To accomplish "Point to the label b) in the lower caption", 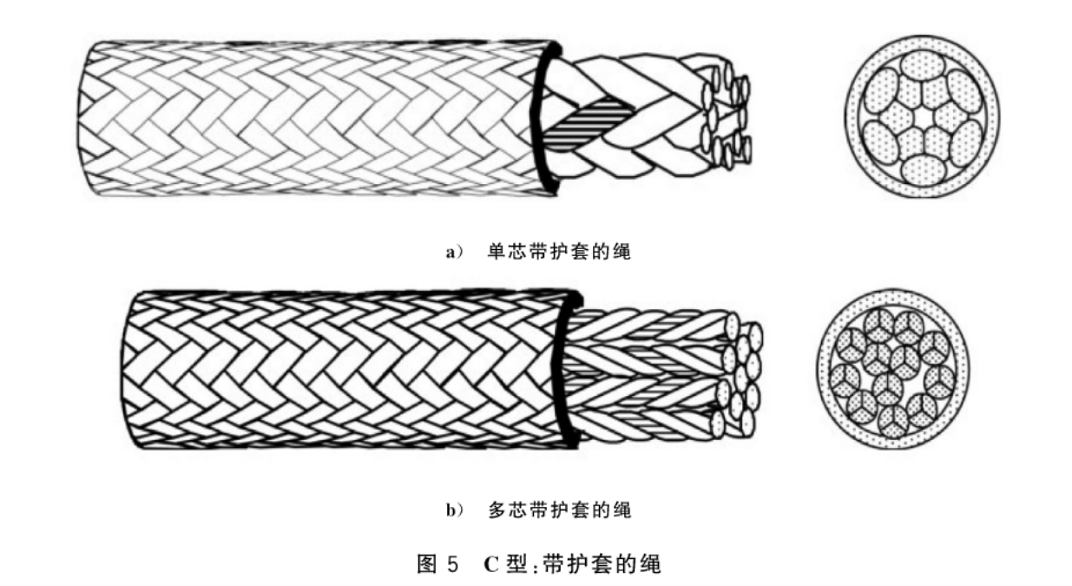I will [455, 510].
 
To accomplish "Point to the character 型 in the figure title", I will [516, 564].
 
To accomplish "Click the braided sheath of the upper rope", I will [312, 117].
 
